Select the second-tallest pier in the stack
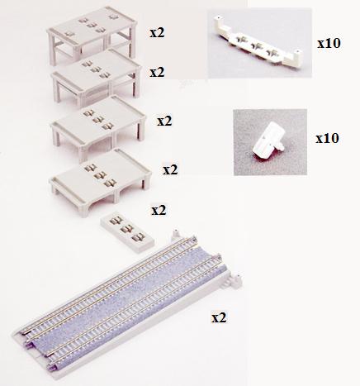coord(97,77)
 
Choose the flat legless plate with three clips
coord(127,232)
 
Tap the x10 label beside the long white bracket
coord(329,43)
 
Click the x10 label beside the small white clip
coord(327,138)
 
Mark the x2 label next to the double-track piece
coord(219,317)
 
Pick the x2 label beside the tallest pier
coord(157,32)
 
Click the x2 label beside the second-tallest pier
coord(157,72)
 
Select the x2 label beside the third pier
coord(164,121)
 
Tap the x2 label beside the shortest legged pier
coord(170,169)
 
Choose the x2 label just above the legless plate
coord(159,211)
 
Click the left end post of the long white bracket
coord(219,22)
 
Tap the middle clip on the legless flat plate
coord(126,228)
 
